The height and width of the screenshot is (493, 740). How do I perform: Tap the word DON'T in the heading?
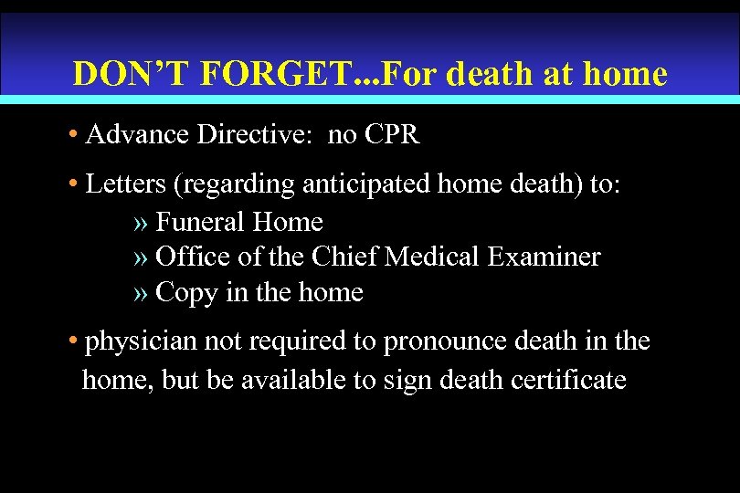pyautogui.click(x=125, y=73)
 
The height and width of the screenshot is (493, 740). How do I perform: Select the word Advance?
pyautogui.click(x=134, y=136)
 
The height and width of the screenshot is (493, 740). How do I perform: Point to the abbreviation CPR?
pyautogui.click(x=390, y=136)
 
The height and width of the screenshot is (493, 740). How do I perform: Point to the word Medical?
pyautogui.click(x=436, y=257)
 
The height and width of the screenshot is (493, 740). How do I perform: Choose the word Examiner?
pyautogui.click(x=547, y=257)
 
